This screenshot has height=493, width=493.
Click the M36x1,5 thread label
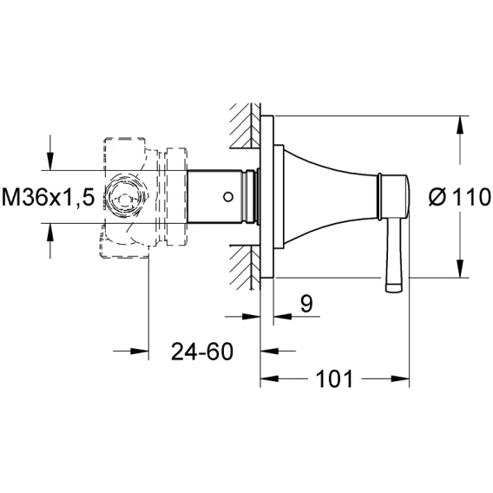48,197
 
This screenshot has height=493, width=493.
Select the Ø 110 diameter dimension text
460,197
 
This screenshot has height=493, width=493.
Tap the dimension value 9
306,304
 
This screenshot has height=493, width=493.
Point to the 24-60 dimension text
202,352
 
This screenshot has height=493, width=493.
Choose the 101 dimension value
334,379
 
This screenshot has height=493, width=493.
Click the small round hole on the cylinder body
228,197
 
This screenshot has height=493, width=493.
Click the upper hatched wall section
246,126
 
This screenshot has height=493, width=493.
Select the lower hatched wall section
246,267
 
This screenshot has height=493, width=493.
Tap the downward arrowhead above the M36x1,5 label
50,161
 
